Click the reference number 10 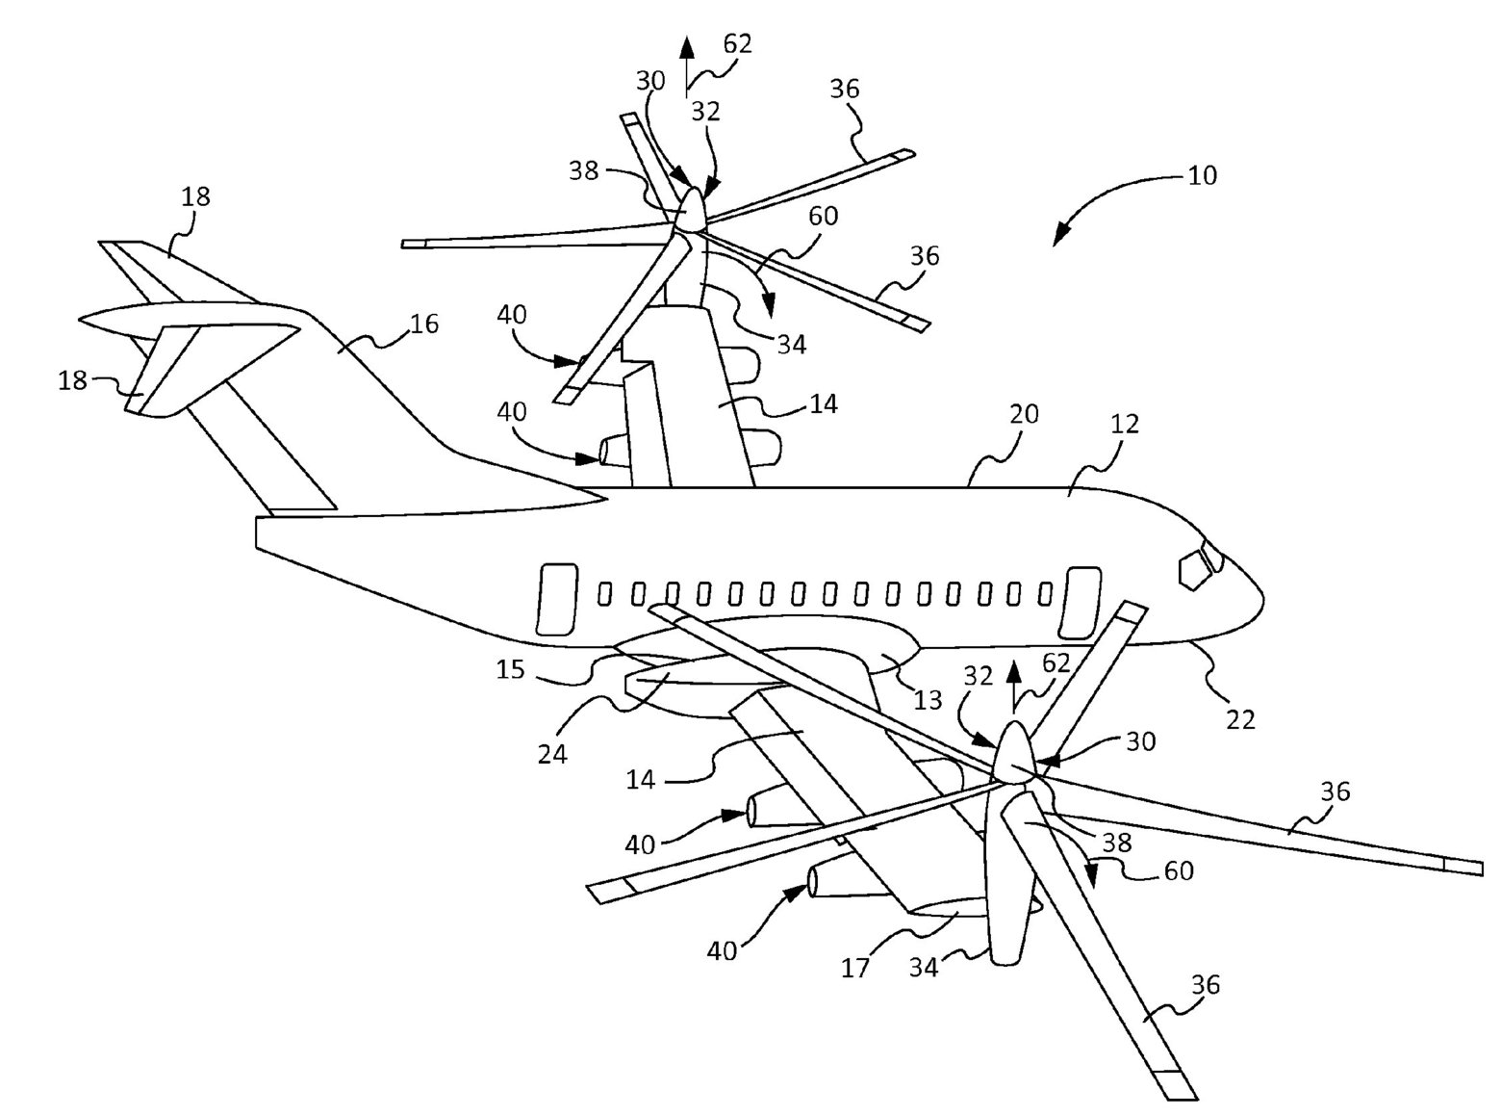pos(1202,175)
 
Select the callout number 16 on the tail pos(423,324)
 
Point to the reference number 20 pos(1024,414)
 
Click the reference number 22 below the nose pos(1240,718)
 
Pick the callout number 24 pos(552,752)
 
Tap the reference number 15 pos(510,668)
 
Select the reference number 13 pos(928,700)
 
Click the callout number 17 pos(855,967)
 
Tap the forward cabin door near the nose pos(1082,603)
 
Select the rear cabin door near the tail pos(556,600)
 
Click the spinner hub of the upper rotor pos(691,208)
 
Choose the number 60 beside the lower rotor pos(1179,870)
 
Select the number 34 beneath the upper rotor pos(791,344)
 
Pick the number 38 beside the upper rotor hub pos(584,171)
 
